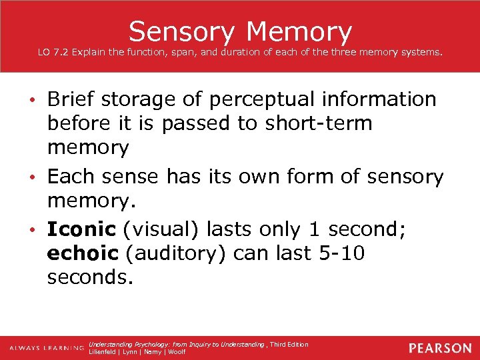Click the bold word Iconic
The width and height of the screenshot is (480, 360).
click(x=81, y=229)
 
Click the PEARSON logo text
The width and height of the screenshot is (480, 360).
click(x=440, y=348)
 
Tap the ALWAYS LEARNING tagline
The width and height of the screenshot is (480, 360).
click(x=46, y=349)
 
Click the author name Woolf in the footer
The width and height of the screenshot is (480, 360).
click(x=176, y=352)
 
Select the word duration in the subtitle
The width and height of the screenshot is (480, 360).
click(x=229, y=51)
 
